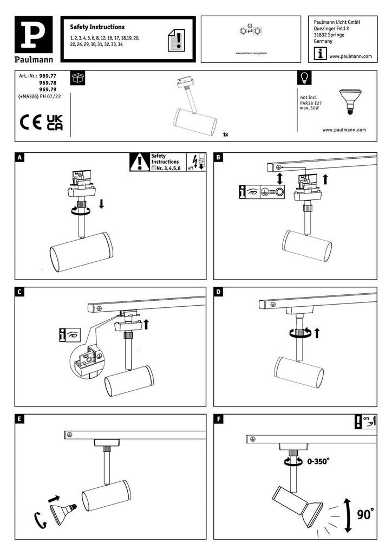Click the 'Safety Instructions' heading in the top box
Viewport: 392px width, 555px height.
pyautogui.click(x=97, y=27)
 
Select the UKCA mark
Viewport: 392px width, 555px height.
pyautogui.click(x=55, y=122)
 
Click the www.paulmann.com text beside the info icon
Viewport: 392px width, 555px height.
pyautogui.click(x=350, y=56)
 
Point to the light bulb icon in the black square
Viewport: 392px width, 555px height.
pyautogui.click(x=304, y=78)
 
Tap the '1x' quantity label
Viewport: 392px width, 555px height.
pyautogui.click(x=225, y=133)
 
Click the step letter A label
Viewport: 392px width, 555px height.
pyautogui.click(x=20, y=158)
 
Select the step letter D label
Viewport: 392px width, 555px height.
pyautogui.click(x=219, y=292)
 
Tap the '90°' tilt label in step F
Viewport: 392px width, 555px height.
pyautogui.click(x=365, y=513)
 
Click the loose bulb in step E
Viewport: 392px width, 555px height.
pyautogui.click(x=61, y=512)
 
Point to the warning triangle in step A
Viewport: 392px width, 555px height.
pyautogui.click(x=140, y=162)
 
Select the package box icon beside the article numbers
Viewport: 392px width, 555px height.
pyautogui.click(x=77, y=78)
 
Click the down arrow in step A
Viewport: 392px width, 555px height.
pyautogui.click(x=101, y=204)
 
